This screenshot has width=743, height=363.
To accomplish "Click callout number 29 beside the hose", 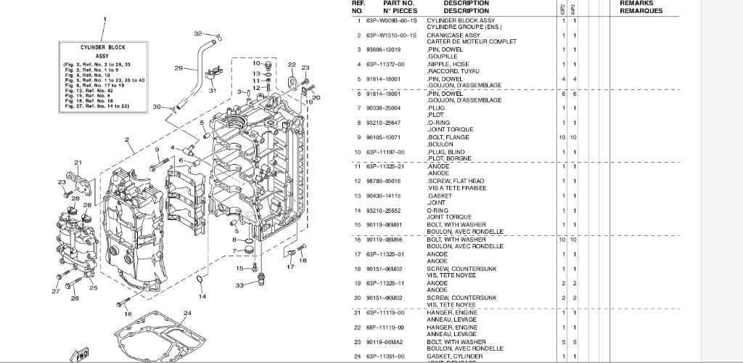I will (178, 68).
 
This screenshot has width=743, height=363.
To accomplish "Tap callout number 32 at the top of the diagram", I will (198, 33).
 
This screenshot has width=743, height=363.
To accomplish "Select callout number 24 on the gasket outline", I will (186, 313).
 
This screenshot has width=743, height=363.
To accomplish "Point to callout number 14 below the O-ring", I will (202, 296).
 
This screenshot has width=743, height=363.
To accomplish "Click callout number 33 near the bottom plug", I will (240, 285).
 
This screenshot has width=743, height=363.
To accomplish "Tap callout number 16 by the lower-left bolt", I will (128, 314).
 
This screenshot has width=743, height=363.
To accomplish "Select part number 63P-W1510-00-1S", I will (391, 35).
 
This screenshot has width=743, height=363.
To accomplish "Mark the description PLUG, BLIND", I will (446, 152).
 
